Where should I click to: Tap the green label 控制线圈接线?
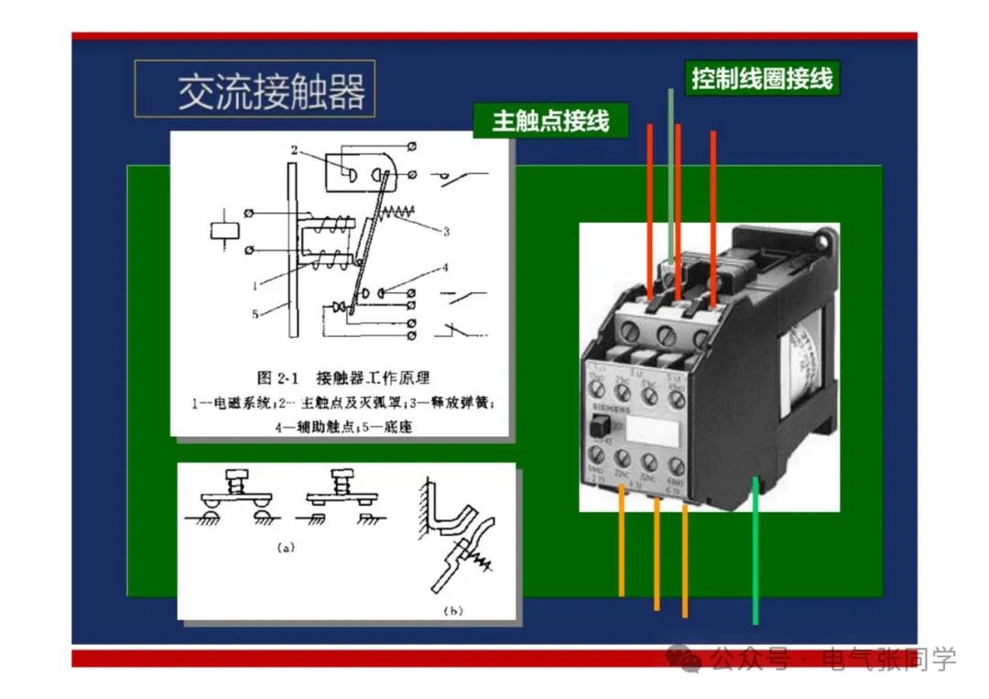pos(762,79)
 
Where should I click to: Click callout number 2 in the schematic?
pos(295,149)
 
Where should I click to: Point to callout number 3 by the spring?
pos(446,232)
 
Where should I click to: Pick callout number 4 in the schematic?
pos(446,268)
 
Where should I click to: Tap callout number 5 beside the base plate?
pos(255,314)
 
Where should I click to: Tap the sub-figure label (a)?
pos(286,548)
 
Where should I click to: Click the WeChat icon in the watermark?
pos(685,658)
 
